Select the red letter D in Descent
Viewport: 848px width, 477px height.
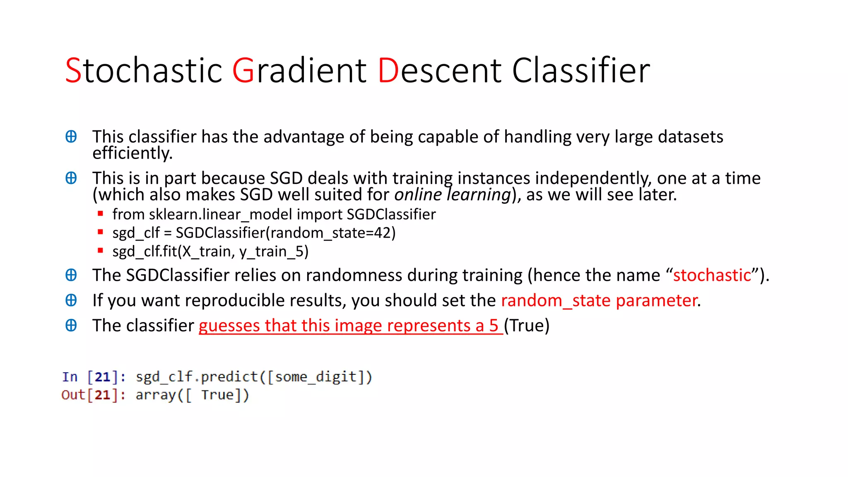[388, 71]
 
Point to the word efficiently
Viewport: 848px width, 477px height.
[132, 154]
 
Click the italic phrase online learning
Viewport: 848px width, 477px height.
[453, 195]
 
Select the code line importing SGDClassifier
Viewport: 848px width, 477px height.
[274, 214]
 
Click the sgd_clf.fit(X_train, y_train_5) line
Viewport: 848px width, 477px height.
[210, 251]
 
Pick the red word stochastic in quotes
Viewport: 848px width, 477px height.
[712, 275]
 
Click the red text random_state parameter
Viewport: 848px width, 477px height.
[599, 301]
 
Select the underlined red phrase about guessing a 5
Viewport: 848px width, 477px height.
[350, 326]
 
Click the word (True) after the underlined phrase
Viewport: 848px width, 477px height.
[527, 326]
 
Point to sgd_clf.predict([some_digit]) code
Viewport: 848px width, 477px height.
[254, 377]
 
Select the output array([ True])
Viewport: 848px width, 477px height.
[192, 395]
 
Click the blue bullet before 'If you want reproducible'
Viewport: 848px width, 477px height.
[71, 300]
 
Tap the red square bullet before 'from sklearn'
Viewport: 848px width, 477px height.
[100, 214]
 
